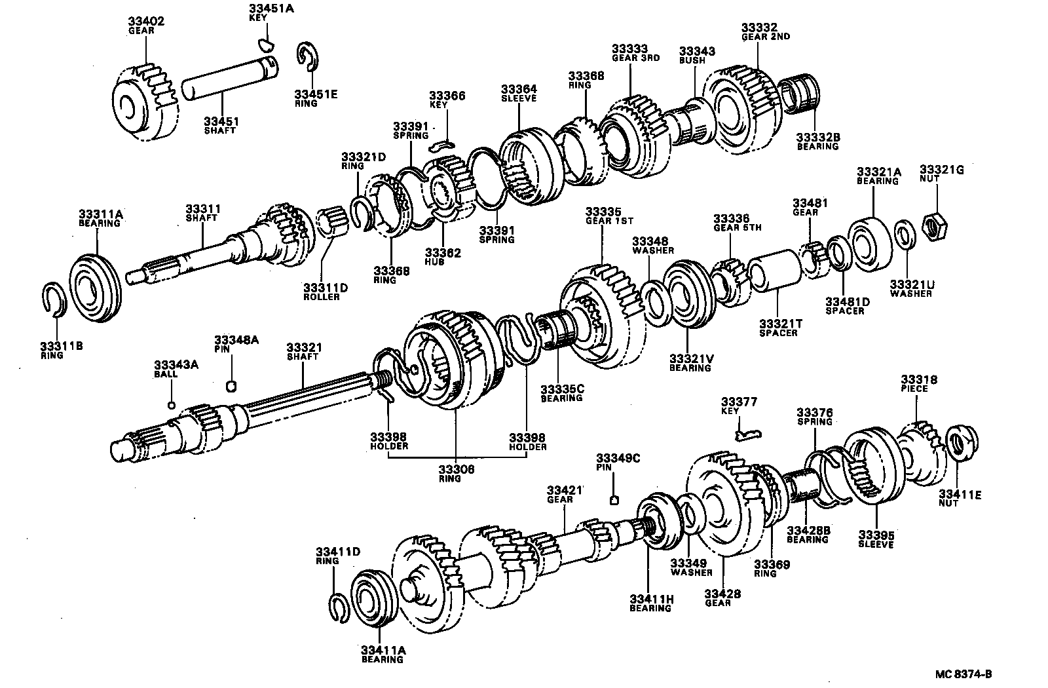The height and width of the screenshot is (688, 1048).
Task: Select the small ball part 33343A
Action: [x=172, y=404]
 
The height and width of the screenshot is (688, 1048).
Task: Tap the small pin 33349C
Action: [x=614, y=501]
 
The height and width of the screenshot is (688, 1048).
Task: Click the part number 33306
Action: [x=457, y=470]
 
